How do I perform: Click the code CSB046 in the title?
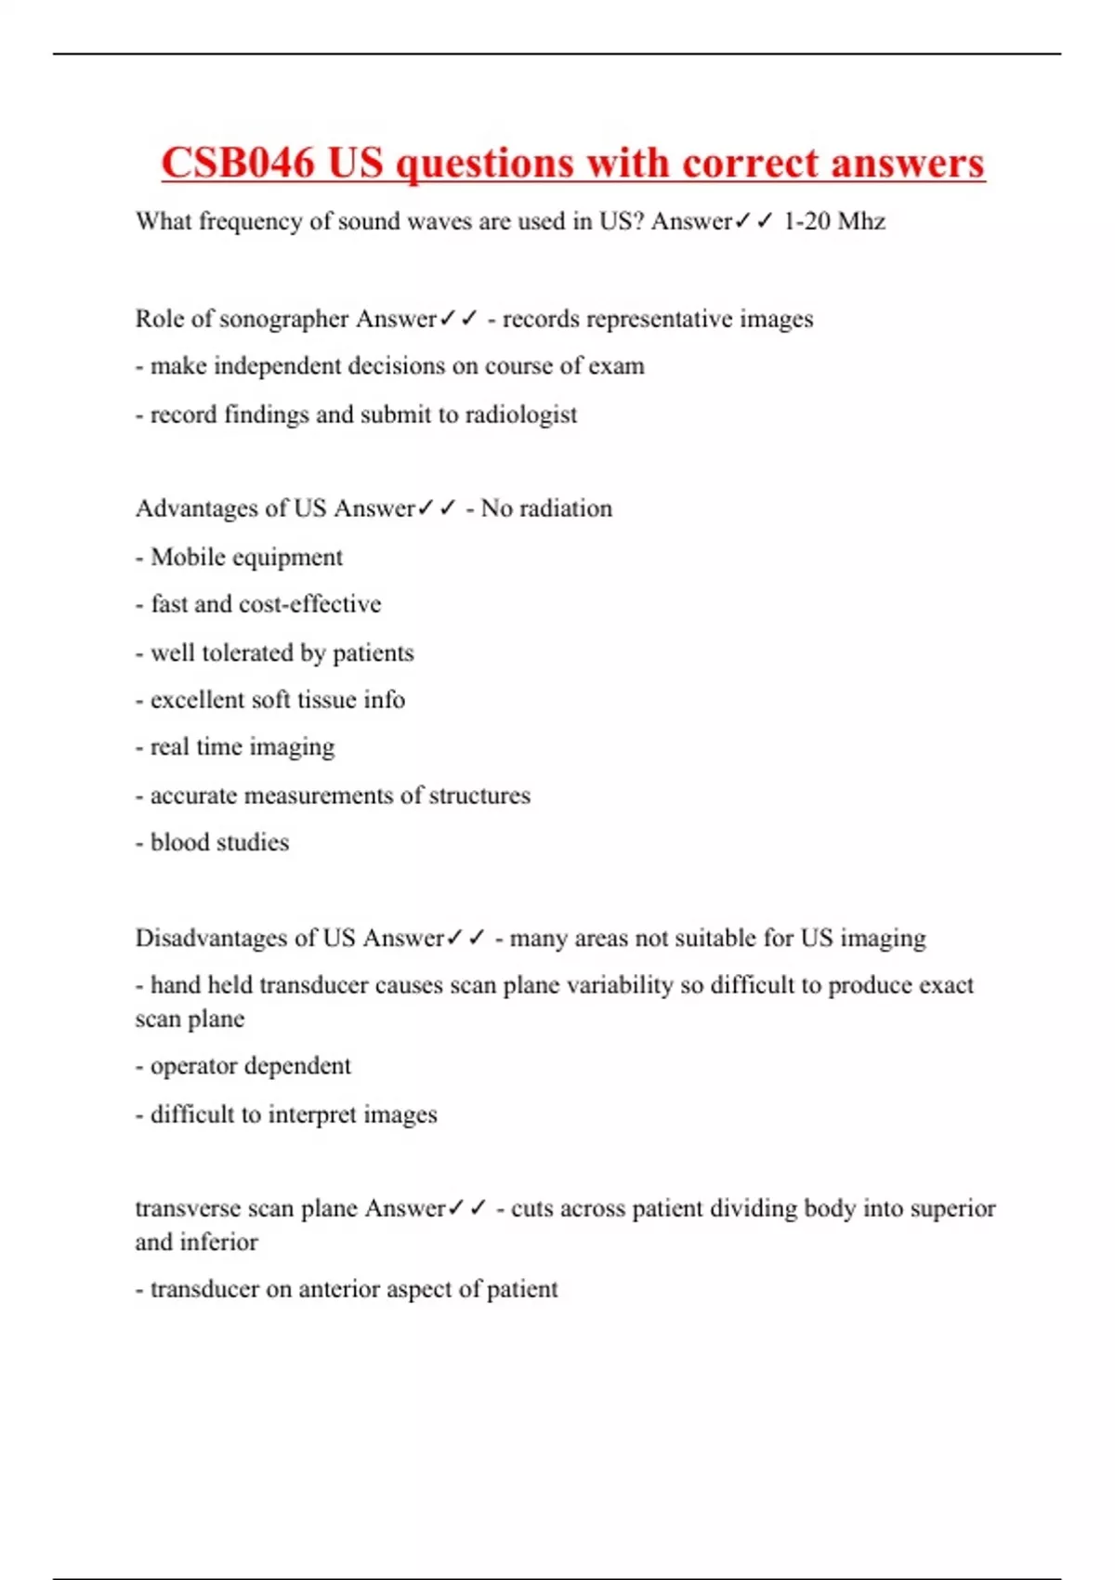[238, 164]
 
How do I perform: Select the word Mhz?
[861, 221]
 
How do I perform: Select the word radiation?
[566, 508]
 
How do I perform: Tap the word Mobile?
[187, 557]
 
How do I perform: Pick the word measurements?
[319, 796]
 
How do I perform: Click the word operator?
[192, 1066]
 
